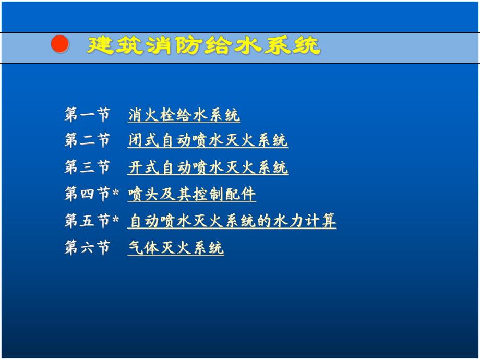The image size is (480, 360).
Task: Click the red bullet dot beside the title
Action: (60, 45)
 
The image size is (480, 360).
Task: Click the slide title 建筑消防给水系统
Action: (203, 46)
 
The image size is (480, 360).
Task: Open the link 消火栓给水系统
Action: (184, 115)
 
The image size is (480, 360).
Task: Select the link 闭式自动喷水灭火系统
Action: (208, 141)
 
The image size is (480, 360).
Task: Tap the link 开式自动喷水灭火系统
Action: (208, 168)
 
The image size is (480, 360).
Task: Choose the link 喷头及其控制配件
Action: (192, 195)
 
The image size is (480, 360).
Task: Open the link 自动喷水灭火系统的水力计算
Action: (232, 221)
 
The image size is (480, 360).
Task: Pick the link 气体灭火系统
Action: (176, 248)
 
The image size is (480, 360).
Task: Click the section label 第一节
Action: (87, 115)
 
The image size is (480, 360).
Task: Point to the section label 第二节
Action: (87, 141)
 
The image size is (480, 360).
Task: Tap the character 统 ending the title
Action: (308, 46)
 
